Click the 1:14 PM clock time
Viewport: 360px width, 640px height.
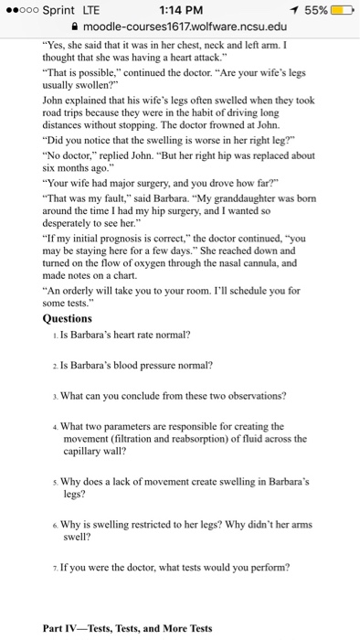[x=180, y=8]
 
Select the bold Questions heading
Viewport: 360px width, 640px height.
[x=68, y=319]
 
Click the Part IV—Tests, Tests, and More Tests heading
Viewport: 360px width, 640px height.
[x=127, y=628]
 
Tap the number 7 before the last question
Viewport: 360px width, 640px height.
[x=56, y=567]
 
